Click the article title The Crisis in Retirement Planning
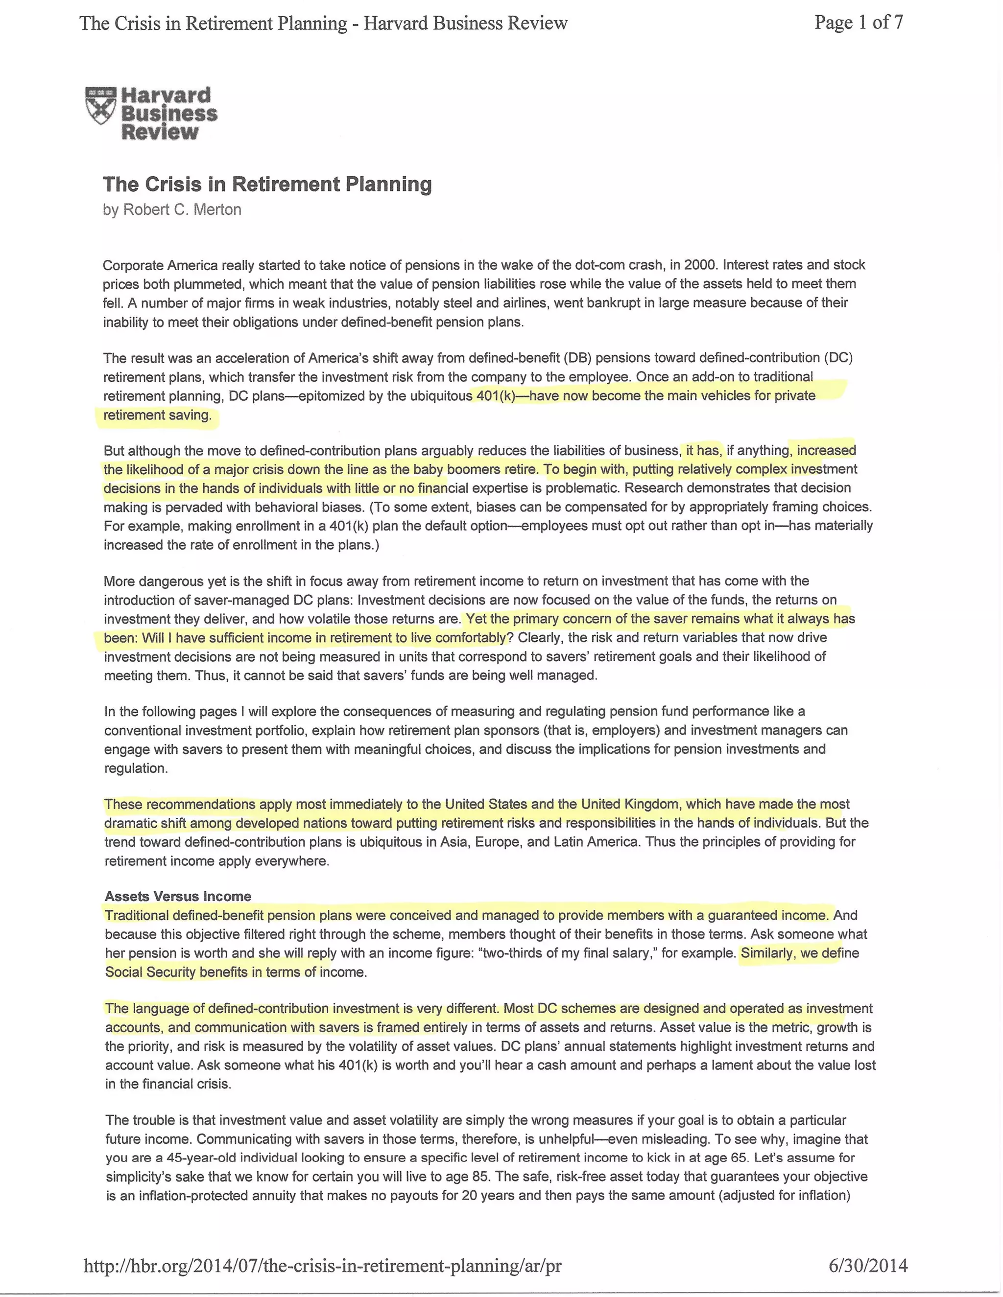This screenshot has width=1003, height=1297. (x=267, y=184)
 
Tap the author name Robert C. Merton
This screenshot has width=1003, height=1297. (x=182, y=209)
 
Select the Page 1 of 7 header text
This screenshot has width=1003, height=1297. (x=859, y=23)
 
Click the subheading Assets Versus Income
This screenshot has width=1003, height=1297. (x=178, y=896)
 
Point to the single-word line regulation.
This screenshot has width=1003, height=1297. (x=136, y=768)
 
